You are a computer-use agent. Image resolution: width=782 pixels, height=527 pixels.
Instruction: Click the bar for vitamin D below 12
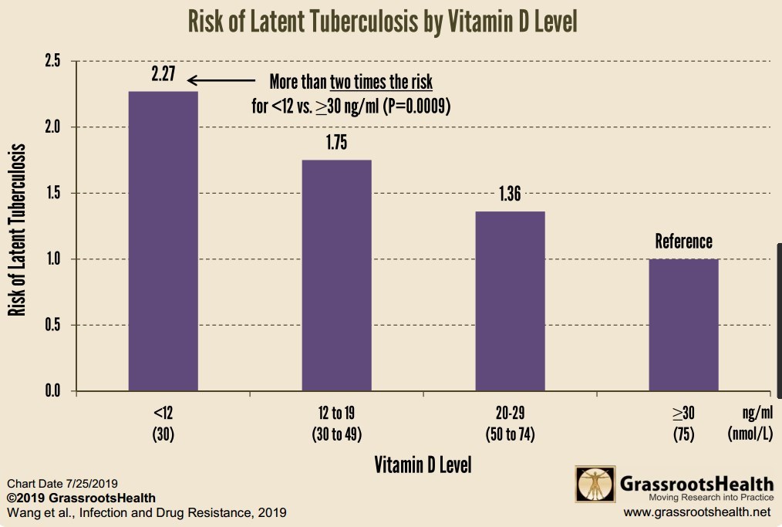click(x=163, y=242)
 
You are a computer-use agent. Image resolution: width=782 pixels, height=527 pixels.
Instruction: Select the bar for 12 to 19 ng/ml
click(x=336, y=275)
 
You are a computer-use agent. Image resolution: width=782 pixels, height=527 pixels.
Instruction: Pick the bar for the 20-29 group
click(x=510, y=301)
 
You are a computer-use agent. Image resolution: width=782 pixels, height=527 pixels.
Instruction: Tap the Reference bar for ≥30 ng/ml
click(x=683, y=325)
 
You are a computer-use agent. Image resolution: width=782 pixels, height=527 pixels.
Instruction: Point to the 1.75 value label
click(x=336, y=144)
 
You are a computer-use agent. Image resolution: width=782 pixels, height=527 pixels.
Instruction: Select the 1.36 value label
click(x=510, y=194)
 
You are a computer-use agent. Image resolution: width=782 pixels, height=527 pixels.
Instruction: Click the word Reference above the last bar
click(x=683, y=241)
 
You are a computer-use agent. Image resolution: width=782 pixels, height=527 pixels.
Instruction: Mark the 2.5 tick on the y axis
click(x=52, y=61)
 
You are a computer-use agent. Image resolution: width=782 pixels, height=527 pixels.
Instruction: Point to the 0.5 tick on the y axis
click(x=52, y=325)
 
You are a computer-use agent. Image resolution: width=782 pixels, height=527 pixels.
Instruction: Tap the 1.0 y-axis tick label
click(x=52, y=259)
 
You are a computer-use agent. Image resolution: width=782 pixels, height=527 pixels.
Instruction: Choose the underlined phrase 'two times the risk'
click(x=381, y=82)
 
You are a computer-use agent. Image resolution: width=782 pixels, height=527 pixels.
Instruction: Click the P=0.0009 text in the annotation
click(x=417, y=106)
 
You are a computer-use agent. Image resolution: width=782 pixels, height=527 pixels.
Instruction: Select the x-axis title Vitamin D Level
click(x=423, y=465)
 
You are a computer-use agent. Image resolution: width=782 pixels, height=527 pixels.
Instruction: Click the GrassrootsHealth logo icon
click(x=595, y=485)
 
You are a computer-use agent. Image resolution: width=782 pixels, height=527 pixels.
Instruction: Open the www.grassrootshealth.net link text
click(x=696, y=512)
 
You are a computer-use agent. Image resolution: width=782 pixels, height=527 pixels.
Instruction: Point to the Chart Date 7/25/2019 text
click(x=62, y=484)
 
